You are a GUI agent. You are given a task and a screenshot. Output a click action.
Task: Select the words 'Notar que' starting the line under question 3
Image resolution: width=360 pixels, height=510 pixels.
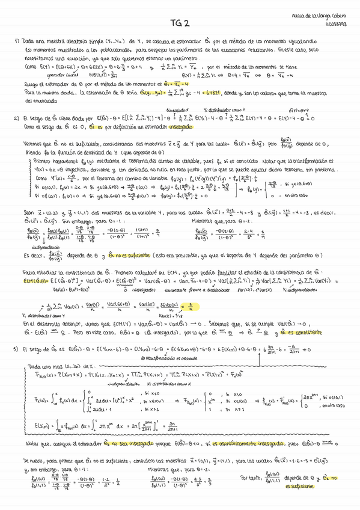(x=36, y=461)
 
